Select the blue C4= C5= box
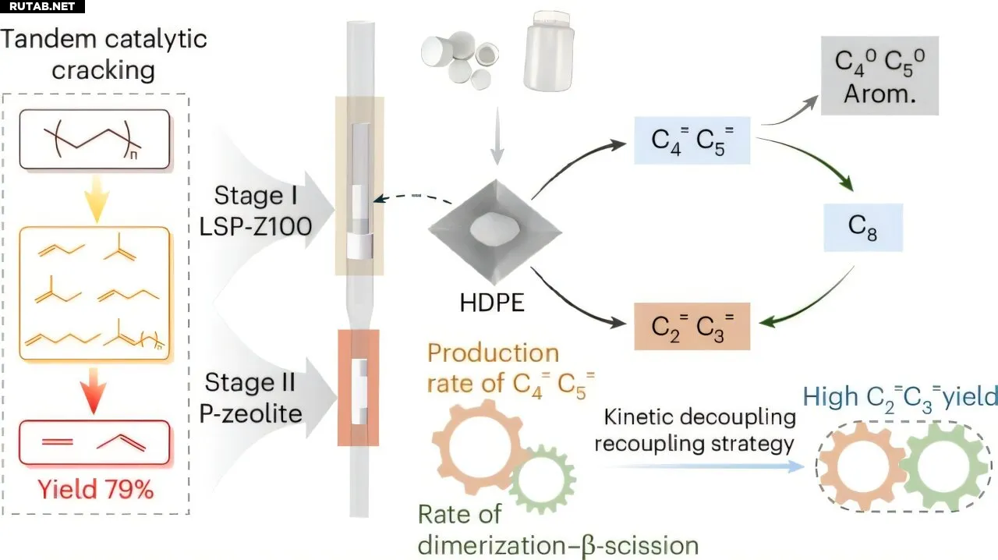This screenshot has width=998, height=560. click(x=691, y=140)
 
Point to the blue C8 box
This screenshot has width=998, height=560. click(x=864, y=228)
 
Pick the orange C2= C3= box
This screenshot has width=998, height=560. click(x=691, y=326)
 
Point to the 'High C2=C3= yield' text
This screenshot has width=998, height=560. click(x=901, y=397)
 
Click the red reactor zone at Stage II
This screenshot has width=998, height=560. click(x=359, y=388)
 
